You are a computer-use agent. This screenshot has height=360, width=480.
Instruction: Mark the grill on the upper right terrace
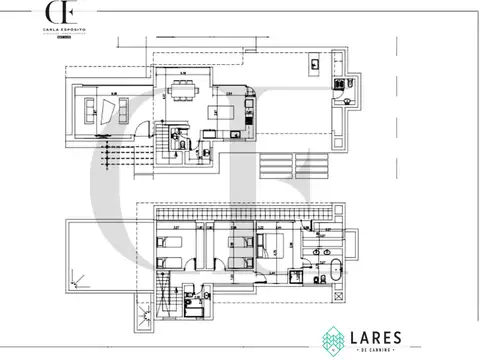tap(315, 65)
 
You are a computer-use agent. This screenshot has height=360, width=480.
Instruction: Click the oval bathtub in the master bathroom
tap(337, 268)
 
